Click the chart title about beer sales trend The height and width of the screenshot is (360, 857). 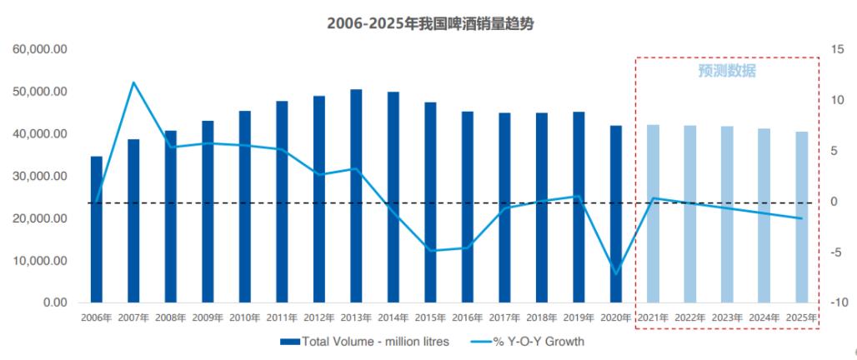coord(429,23)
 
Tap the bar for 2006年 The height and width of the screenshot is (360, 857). coord(97,229)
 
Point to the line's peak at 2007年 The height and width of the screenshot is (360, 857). coord(133,82)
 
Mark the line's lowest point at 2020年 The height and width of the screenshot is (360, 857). coord(616,273)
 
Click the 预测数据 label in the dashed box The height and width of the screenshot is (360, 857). coord(727,72)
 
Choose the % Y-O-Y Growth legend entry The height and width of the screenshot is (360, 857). coord(528,342)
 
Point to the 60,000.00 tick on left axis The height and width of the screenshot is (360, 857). coord(40,50)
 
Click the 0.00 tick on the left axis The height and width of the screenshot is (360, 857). coord(52,302)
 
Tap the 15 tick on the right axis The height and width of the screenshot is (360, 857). coord(837,50)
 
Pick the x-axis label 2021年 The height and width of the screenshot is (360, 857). coord(654,317)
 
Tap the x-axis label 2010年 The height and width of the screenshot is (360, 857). coord(245,317)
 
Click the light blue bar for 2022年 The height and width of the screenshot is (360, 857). coord(690,214)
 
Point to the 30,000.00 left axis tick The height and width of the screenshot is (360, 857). coord(40,177)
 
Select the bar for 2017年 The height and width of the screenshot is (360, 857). coord(504,207)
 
